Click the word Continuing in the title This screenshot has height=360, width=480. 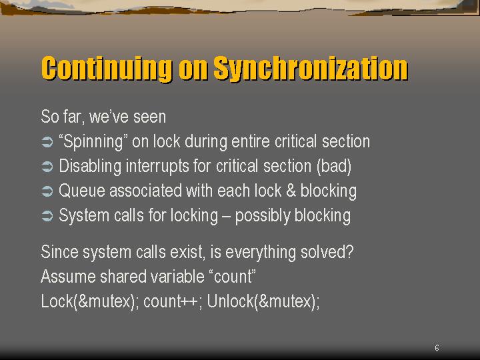[x=107, y=69]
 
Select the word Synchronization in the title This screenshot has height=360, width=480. [x=311, y=69]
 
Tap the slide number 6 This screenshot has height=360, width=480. [x=437, y=348]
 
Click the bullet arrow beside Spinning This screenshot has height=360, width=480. [x=47, y=142]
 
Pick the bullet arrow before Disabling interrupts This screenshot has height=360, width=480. [x=47, y=167]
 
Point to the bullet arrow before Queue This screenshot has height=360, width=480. [x=47, y=191]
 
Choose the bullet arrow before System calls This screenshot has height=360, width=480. [x=47, y=216]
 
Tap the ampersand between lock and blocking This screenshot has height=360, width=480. [x=291, y=191]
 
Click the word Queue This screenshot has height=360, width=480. [x=82, y=191]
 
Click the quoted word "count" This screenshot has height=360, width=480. [x=233, y=277]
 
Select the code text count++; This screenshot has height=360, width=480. [x=173, y=301]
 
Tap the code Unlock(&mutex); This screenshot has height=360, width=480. [x=263, y=301]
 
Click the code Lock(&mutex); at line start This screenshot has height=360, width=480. [x=90, y=301]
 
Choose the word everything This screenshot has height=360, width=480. [x=261, y=253]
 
